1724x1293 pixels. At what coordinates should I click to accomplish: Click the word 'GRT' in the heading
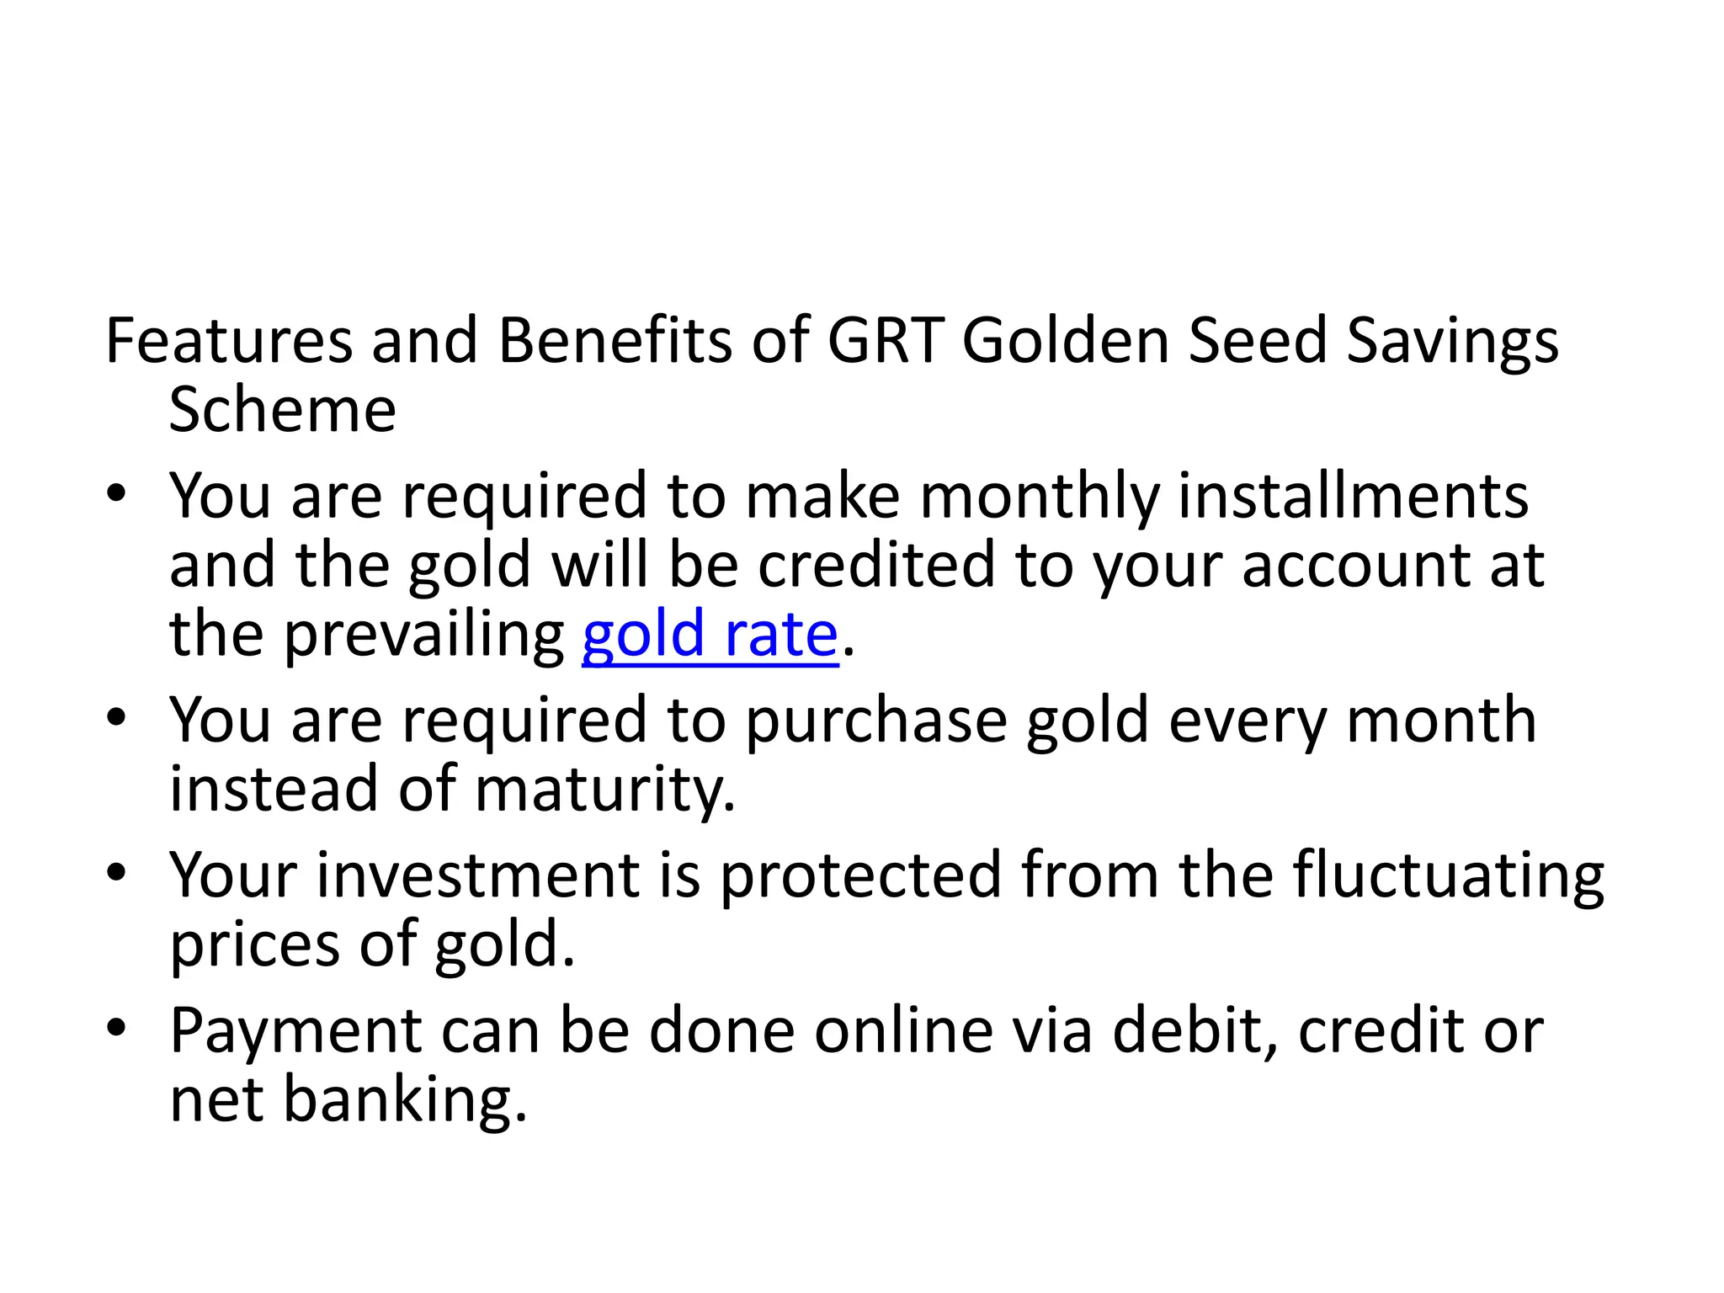(x=884, y=341)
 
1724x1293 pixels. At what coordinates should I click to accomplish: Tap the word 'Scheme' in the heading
(x=282, y=411)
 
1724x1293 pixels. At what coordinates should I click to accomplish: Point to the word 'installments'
(x=1353, y=496)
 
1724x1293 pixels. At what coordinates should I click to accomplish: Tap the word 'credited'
(x=875, y=565)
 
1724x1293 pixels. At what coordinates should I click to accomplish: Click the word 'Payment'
(x=295, y=1032)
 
